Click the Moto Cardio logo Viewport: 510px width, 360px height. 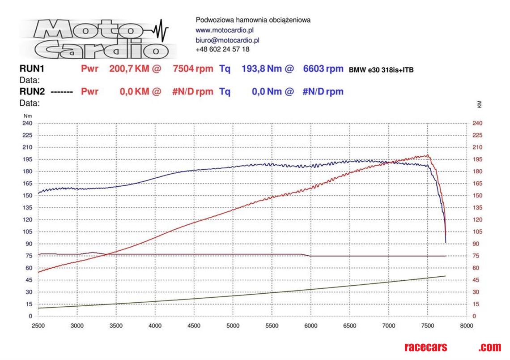click(96, 38)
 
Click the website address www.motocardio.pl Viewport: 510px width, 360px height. click(225, 30)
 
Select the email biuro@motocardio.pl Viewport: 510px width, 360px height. click(228, 40)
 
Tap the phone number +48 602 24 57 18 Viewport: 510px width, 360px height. click(223, 50)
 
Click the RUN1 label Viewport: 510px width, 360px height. click(32, 69)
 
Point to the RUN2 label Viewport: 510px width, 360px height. click(32, 92)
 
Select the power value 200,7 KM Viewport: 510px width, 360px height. click(129, 69)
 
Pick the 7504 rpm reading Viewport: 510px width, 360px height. click(193, 69)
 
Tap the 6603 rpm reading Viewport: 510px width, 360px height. click(323, 69)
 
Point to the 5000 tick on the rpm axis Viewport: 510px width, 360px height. click(233, 326)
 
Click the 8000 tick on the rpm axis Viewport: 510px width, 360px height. click(467, 326)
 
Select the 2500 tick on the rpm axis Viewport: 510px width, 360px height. click(38, 326)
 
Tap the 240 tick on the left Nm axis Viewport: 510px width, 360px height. click(27, 123)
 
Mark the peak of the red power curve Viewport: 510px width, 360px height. click(427, 155)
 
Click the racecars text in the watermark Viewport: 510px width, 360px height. click(425, 347)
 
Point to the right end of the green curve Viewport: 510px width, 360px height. click(446, 276)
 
